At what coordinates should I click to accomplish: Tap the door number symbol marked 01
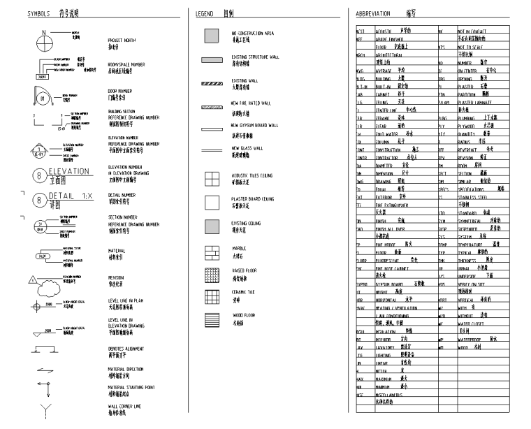tap(42, 97)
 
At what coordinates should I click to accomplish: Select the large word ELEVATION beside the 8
tap(69, 170)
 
